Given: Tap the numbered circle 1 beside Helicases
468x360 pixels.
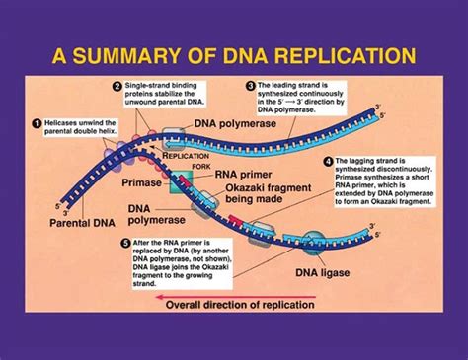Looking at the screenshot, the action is pyautogui.click(x=38, y=123).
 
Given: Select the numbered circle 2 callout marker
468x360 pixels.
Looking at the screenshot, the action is pyautogui.click(x=117, y=88).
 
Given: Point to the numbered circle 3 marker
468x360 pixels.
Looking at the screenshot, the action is pyautogui.click(x=250, y=88).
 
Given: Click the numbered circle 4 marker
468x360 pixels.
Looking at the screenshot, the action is pyautogui.click(x=328, y=161).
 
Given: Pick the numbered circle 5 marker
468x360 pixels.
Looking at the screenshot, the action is pyautogui.click(x=124, y=242).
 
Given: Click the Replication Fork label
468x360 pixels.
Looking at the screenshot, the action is pyautogui.click(x=191, y=160).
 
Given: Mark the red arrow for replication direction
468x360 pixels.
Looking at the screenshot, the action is pyautogui.click(x=257, y=306).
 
